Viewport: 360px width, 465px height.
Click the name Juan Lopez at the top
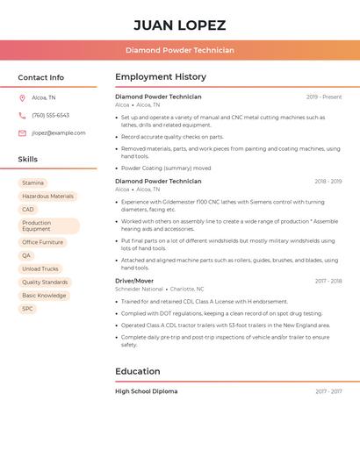[x=179, y=25]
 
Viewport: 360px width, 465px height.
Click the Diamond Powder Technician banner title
[x=179, y=50]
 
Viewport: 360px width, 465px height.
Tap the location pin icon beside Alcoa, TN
[x=22, y=97]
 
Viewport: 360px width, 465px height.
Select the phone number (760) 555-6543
[x=50, y=115]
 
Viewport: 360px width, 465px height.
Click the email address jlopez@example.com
[x=58, y=132]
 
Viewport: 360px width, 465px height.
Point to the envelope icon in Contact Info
[x=22, y=132]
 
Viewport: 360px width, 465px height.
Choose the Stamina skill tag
[x=32, y=182]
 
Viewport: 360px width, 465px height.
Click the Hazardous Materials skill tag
[x=47, y=196]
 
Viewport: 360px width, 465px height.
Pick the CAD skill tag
[x=28, y=210]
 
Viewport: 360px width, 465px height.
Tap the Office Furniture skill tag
[x=42, y=242]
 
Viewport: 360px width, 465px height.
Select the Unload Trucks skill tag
[x=40, y=268]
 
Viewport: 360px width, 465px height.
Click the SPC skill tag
[x=28, y=309]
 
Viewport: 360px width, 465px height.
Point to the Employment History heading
[x=161, y=77]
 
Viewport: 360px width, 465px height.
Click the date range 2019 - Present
[x=324, y=97]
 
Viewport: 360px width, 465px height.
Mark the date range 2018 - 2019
[x=328, y=181]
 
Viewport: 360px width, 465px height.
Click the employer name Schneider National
[x=139, y=289]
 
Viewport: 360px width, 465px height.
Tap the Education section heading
[x=138, y=371]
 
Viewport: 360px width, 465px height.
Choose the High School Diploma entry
[x=146, y=391]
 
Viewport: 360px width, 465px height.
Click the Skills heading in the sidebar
[x=28, y=159]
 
